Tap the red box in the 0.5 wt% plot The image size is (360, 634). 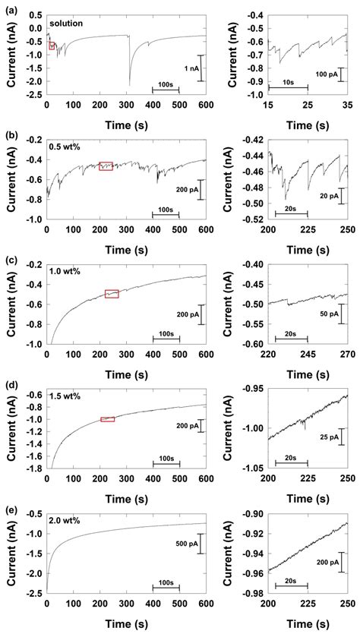coord(106,166)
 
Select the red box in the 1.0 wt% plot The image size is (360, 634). coord(112,294)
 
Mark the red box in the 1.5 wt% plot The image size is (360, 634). coord(107,418)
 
